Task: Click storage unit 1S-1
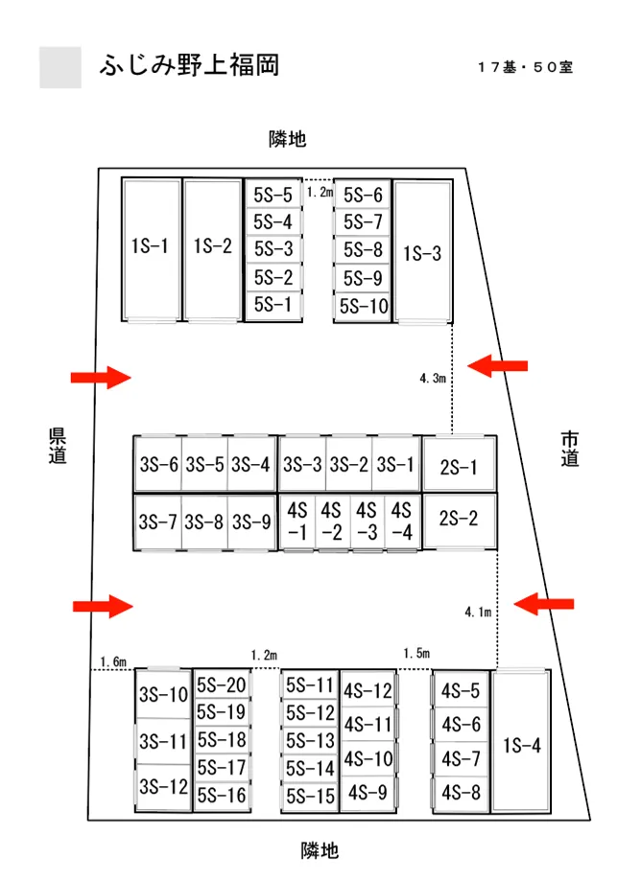click(x=151, y=250)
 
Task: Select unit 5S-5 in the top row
click(x=273, y=195)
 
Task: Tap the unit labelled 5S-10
click(x=363, y=307)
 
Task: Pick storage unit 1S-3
click(x=423, y=252)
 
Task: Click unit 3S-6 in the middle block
click(x=158, y=464)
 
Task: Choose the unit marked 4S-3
click(x=367, y=521)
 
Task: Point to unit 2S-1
click(x=459, y=465)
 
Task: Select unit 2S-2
click(x=459, y=520)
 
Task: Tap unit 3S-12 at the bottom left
click(x=163, y=787)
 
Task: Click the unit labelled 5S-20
click(x=222, y=684)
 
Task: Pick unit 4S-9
click(x=368, y=793)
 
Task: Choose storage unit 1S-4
click(x=521, y=742)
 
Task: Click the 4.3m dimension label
click(x=433, y=379)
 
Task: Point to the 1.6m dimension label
click(x=113, y=661)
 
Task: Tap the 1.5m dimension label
click(x=416, y=653)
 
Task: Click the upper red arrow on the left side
click(x=101, y=378)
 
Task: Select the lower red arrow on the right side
click(x=544, y=604)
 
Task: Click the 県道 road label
click(x=58, y=446)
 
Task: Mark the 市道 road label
click(x=570, y=449)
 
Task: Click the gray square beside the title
click(x=60, y=67)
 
